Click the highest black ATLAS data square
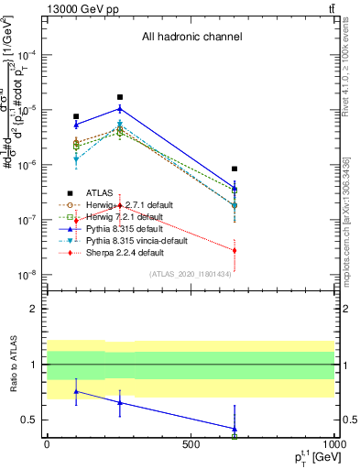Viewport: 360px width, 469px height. pyautogui.click(x=119, y=97)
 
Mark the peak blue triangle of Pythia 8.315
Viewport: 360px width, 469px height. pyautogui.click(x=119, y=108)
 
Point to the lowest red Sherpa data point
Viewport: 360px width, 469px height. pyautogui.click(x=235, y=250)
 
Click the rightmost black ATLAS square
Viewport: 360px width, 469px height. pyautogui.click(x=235, y=169)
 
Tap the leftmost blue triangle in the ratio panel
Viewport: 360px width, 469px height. pyautogui.click(x=76, y=391)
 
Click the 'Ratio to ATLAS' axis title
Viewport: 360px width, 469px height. pyautogui.click(x=13, y=365)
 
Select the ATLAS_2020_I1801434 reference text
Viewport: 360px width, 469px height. pyautogui.click(x=191, y=275)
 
